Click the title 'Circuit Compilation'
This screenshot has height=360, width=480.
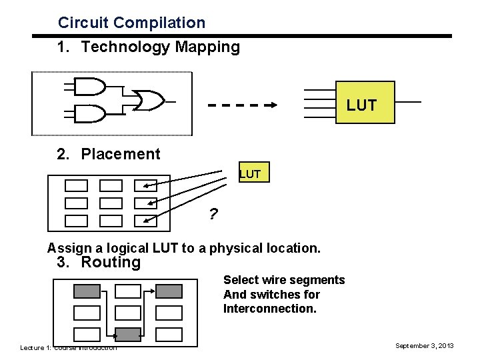[131, 23]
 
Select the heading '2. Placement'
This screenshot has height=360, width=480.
[108, 154]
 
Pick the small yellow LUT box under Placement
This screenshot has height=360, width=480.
[253, 173]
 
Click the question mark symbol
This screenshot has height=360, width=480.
[213, 215]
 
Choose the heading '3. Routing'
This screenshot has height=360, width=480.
[99, 262]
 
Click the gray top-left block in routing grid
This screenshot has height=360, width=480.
[86, 291]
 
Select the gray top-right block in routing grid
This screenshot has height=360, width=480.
[169, 291]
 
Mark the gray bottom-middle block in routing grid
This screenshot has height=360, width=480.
[127, 333]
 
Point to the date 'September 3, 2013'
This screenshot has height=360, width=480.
[424, 346]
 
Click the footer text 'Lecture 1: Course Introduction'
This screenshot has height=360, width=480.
[68, 347]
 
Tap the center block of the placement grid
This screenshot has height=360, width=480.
[111, 203]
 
